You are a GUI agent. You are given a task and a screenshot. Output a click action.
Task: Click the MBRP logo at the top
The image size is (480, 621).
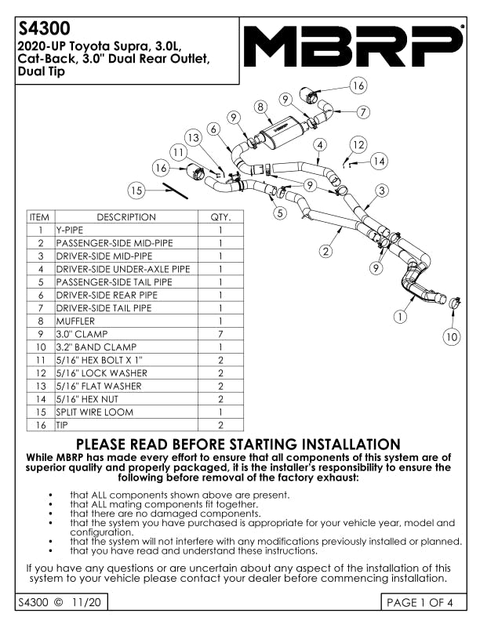353,47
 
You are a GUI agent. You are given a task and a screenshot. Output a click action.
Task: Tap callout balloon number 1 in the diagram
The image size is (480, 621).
401,317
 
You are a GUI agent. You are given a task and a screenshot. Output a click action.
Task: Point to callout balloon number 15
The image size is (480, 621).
137,189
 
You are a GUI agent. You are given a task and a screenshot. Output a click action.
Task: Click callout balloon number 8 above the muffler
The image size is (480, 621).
260,106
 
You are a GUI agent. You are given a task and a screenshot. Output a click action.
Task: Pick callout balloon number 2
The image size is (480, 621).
326,251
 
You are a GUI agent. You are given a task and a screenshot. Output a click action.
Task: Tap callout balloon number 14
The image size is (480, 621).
379,161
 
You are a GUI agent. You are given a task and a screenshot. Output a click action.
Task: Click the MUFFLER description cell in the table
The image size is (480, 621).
75,321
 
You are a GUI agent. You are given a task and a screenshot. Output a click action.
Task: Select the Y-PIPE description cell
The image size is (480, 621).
68,231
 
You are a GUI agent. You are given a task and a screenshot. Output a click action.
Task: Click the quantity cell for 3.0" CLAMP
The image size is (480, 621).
220,334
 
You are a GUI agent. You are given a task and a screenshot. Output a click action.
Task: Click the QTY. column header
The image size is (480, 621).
220,217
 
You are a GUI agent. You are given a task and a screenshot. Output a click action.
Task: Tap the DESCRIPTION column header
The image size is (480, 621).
125,217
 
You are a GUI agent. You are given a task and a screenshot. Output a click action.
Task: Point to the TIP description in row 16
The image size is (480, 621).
62,425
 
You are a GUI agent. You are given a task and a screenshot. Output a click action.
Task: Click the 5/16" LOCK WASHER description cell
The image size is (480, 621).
101,372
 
